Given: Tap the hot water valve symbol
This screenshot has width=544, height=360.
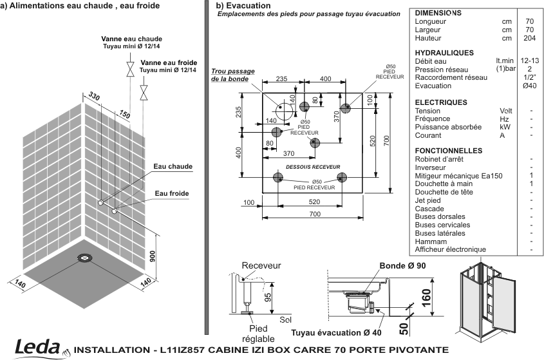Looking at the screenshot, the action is click(x=130, y=69).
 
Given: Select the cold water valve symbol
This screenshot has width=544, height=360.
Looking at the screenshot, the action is click(x=144, y=93).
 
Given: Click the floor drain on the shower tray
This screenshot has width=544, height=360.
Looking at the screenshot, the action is click(x=84, y=258).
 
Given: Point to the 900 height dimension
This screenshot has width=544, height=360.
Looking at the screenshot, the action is click(x=153, y=256).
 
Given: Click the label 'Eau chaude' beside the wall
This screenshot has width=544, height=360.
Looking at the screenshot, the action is click(x=173, y=166).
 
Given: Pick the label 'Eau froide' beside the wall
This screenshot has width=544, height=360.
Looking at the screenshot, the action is click(x=172, y=193).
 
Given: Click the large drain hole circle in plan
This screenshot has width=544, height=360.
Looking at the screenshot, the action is click(x=284, y=110).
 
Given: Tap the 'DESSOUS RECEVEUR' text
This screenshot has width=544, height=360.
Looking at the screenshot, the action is click(x=313, y=167).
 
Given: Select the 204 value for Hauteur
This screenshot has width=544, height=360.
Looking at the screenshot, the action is click(x=529, y=38).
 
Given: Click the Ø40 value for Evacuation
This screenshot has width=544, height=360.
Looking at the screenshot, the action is click(x=529, y=86).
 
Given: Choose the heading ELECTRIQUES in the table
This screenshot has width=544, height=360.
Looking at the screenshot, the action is click(x=441, y=102).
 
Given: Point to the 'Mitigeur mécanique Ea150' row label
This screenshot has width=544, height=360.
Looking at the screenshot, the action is click(x=458, y=176).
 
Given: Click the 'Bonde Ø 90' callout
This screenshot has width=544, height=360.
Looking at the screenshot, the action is click(x=402, y=266).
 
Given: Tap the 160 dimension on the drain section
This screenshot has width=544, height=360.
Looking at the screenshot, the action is click(x=426, y=298).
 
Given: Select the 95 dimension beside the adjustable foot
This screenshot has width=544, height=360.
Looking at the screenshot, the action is click(x=268, y=298).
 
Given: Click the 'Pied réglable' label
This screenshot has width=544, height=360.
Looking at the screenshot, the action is click(x=258, y=334).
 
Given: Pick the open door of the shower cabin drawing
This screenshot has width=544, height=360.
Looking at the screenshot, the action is click(x=503, y=303).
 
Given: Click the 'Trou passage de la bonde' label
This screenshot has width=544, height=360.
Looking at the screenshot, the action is click(x=233, y=75).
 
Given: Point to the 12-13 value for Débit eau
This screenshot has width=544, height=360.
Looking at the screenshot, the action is click(x=529, y=61).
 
